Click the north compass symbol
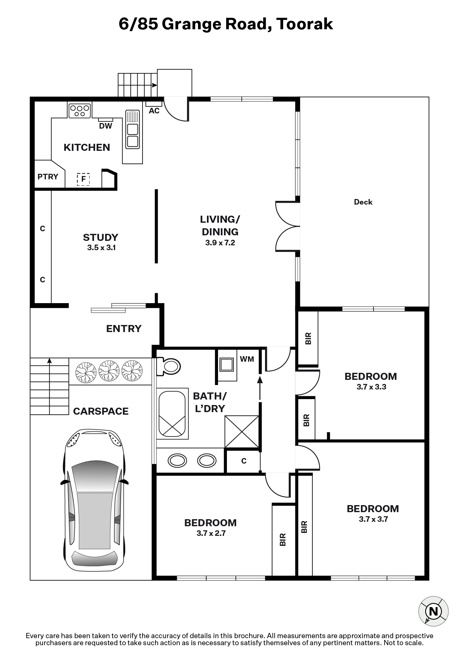[433, 611]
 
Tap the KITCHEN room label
[87, 147]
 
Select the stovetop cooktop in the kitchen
[80, 110]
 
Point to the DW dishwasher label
[105, 126]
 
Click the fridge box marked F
[83, 179]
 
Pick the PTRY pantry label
[48, 176]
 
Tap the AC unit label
[154, 111]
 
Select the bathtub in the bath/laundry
[172, 414]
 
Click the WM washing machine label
[247, 359]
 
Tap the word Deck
[363, 202]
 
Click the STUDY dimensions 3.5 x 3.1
[101, 248]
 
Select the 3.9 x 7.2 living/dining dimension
[220, 243]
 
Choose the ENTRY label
[124, 329]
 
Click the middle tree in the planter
[110, 371]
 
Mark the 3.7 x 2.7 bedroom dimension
[211, 533]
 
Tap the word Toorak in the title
[305, 24]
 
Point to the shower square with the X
[242, 431]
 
